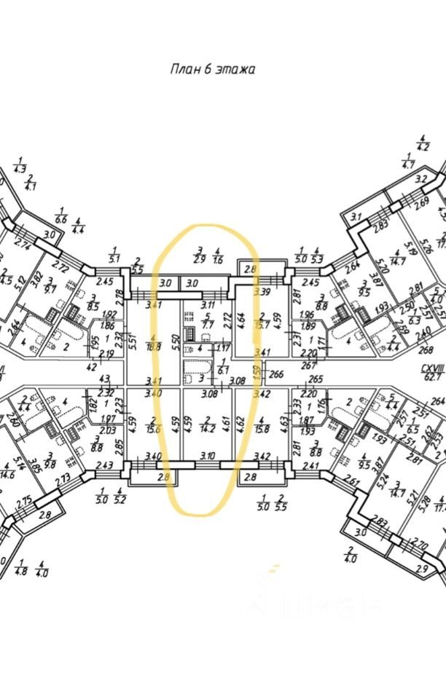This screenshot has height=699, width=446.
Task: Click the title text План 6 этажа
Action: [212, 70]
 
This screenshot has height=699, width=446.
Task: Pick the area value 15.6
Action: [152, 424]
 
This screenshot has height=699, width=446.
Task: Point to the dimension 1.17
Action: [223, 348]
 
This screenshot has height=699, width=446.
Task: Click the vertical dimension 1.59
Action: [256, 373]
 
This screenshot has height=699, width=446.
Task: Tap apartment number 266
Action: [275, 376]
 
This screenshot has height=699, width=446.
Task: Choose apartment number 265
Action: [315, 379]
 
